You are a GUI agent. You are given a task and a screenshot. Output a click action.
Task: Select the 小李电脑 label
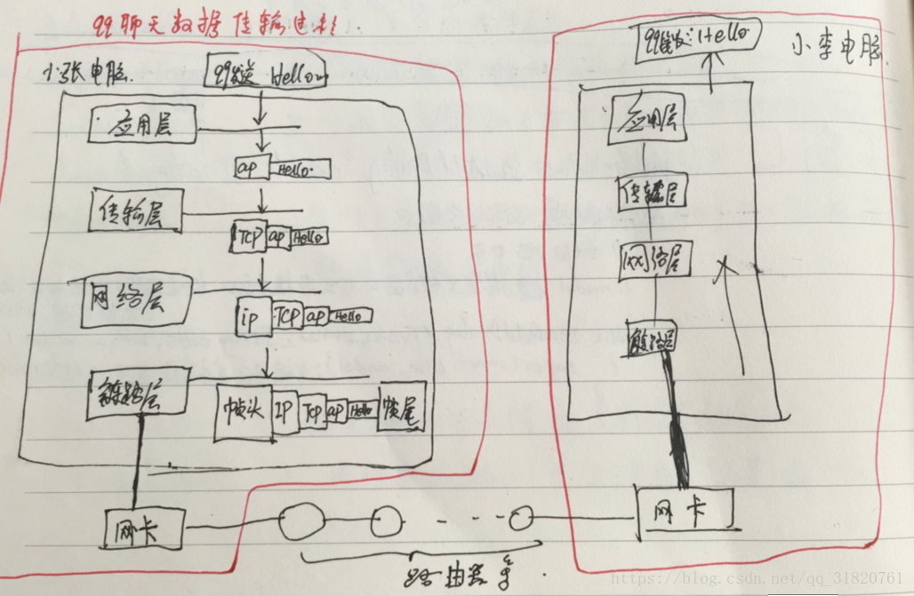(837, 49)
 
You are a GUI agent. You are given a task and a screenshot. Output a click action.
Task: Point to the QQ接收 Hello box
(697, 37)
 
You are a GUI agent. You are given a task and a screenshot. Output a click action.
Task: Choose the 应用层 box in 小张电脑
(142, 125)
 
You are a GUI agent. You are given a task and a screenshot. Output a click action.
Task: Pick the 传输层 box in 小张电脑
(136, 212)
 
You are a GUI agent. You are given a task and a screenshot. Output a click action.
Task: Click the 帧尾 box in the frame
(401, 409)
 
